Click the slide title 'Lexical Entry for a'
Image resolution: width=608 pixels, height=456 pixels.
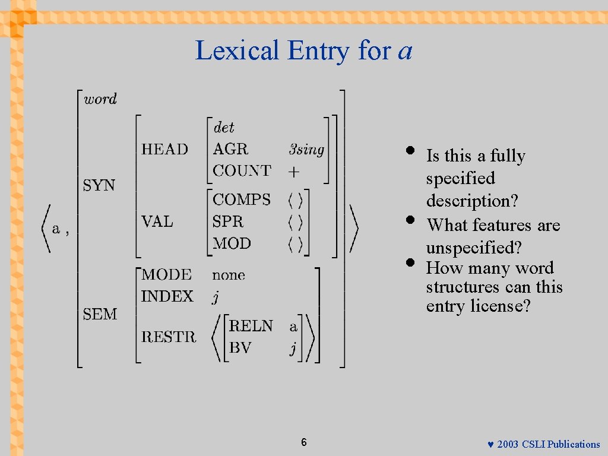pyautogui.click(x=303, y=50)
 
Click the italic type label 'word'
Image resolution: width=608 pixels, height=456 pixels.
pyautogui.click(x=100, y=99)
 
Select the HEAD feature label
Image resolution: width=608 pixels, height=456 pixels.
pyautogui.click(x=164, y=149)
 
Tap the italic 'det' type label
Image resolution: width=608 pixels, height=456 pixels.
pyautogui.click(x=224, y=128)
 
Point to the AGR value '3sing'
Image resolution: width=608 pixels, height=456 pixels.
pyautogui.click(x=306, y=149)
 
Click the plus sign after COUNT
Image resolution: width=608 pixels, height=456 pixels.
pyautogui.click(x=294, y=172)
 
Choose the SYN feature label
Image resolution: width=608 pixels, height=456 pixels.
pyautogui.click(x=99, y=185)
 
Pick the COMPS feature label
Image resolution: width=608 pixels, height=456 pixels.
pyautogui.click(x=242, y=199)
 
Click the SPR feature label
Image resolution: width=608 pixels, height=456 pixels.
pyautogui.click(x=228, y=221)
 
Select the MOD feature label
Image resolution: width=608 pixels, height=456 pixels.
pyautogui.click(x=232, y=243)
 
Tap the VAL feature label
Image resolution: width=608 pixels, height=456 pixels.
pyautogui.click(x=157, y=221)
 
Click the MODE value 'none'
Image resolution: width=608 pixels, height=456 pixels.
pyautogui.click(x=229, y=275)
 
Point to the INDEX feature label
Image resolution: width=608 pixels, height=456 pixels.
pyautogui.click(x=167, y=296)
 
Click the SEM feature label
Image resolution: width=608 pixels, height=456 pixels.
pyautogui.click(x=100, y=314)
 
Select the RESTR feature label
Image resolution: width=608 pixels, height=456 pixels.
pyautogui.click(x=169, y=337)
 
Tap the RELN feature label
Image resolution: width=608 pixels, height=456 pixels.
pyautogui.click(x=251, y=326)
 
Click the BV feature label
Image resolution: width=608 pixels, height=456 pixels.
pyautogui.click(x=240, y=348)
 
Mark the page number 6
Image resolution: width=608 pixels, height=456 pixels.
pyautogui.click(x=304, y=442)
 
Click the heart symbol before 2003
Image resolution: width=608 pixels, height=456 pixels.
pyautogui.click(x=490, y=445)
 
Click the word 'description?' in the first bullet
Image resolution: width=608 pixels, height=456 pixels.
pyautogui.click(x=472, y=201)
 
